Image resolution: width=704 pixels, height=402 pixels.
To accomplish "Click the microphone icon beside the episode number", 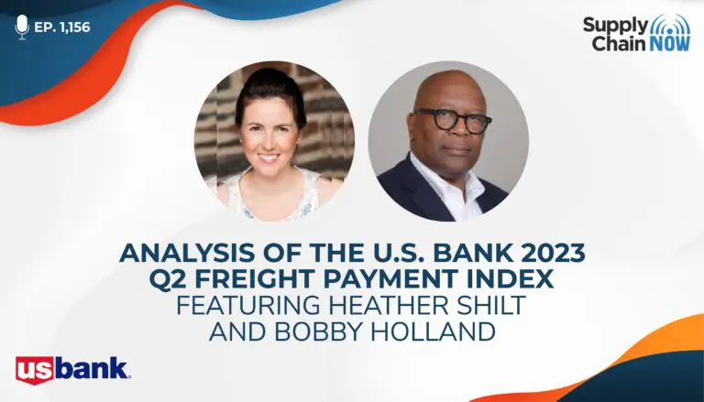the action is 22,27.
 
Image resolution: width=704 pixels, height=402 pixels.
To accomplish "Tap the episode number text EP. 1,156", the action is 62,27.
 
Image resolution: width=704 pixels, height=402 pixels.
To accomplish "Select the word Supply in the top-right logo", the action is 616,26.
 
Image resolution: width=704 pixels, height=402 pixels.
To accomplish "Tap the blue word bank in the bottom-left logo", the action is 93,368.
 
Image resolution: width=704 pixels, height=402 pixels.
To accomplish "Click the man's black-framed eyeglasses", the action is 454,120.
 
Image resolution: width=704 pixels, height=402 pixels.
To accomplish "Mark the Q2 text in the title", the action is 168,280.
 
